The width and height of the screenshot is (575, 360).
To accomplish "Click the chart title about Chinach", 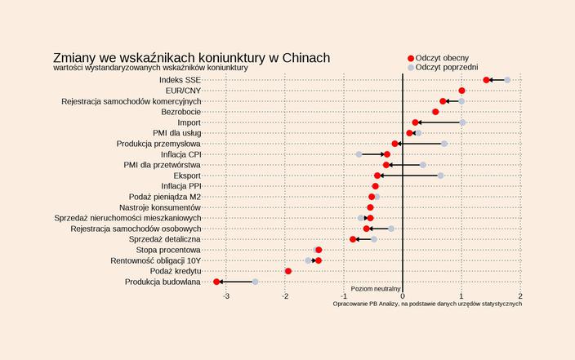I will pos(191,58).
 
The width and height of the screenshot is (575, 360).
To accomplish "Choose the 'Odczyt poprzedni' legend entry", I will pos(446,68).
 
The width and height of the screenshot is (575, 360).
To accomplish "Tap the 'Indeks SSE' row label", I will pos(181,80).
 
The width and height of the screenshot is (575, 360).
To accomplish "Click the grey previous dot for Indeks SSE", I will pos(507,80).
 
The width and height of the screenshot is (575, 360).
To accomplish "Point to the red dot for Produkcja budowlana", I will pos(216,282).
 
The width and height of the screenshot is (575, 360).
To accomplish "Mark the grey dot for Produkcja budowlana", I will pos(255,282).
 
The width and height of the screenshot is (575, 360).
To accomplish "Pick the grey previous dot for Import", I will pos(462,122).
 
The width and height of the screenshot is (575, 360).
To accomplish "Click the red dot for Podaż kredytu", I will pos(288,271).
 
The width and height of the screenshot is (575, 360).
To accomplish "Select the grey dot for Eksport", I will pos(440,176).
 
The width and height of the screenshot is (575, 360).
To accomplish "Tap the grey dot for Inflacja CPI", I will pos(359,154).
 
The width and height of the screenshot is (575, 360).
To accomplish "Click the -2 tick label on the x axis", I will pos(285,296).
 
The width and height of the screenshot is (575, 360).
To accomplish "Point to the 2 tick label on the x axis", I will pos(520,296).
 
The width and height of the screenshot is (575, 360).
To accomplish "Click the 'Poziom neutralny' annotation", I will pos(376,288).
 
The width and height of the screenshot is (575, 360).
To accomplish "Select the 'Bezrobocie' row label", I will pos(181,112).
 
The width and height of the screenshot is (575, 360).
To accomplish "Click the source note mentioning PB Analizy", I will pos(426,304).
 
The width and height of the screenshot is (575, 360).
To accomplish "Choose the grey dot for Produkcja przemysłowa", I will pos(444,144).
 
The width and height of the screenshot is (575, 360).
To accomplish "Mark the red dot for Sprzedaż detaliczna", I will pos(353,239).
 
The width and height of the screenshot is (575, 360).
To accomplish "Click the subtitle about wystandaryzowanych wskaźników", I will pos(150,68).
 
